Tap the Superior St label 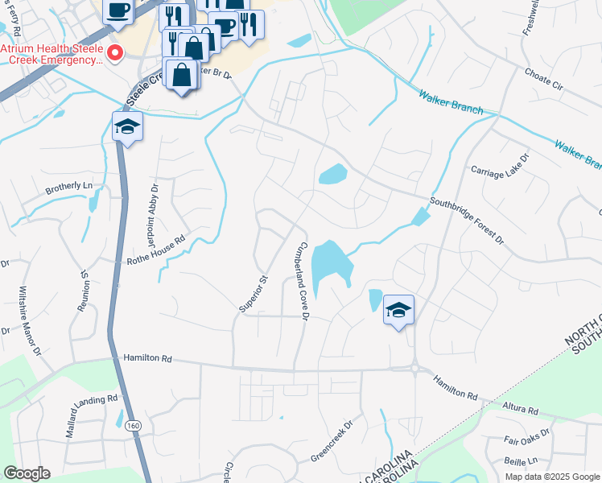(252, 293)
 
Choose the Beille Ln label (520, 462)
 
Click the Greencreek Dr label (332, 442)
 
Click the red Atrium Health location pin (113, 54)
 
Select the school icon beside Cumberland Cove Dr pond (398, 310)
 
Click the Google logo (26, 473)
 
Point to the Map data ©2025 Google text (551, 477)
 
